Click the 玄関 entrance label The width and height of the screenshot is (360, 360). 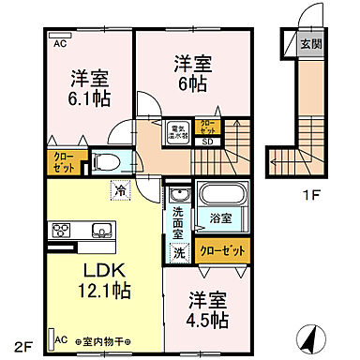pos(308,42)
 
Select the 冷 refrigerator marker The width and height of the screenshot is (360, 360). pos(121,189)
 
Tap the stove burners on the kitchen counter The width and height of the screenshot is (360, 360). pos(61,230)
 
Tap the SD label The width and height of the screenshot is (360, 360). pos(206,143)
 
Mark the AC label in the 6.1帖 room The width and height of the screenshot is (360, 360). pos(59,43)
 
